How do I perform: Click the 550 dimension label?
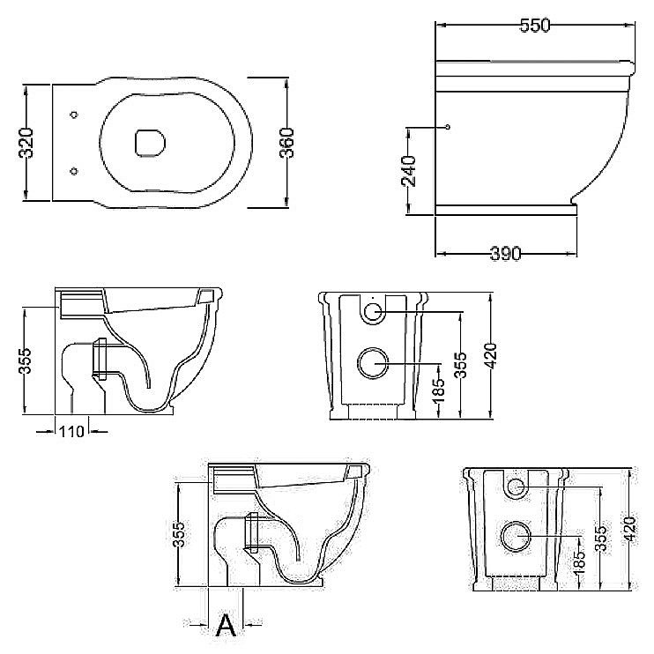coord(535,26)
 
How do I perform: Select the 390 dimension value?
coord(506,253)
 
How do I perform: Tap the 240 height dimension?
coord(408,171)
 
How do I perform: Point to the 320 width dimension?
coord(26,143)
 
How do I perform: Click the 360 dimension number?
coord(286,143)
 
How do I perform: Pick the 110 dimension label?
coord(71,431)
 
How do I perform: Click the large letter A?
coord(226,624)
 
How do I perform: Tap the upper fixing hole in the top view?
coord(74,115)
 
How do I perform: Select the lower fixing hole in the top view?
coord(74,171)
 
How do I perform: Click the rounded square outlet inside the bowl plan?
coord(150,143)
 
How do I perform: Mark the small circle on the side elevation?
coord(447,127)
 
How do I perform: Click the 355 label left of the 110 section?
coord(26,360)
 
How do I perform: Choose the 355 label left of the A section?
coord(179,534)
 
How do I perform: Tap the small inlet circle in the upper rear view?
coord(373,311)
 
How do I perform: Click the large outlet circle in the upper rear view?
coord(373,363)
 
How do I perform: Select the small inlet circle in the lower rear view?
coord(516,487)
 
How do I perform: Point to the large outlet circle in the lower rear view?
coord(516,536)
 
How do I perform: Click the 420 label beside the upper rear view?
coord(491,356)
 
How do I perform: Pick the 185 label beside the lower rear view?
coord(579,561)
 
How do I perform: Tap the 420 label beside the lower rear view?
coord(630,529)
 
